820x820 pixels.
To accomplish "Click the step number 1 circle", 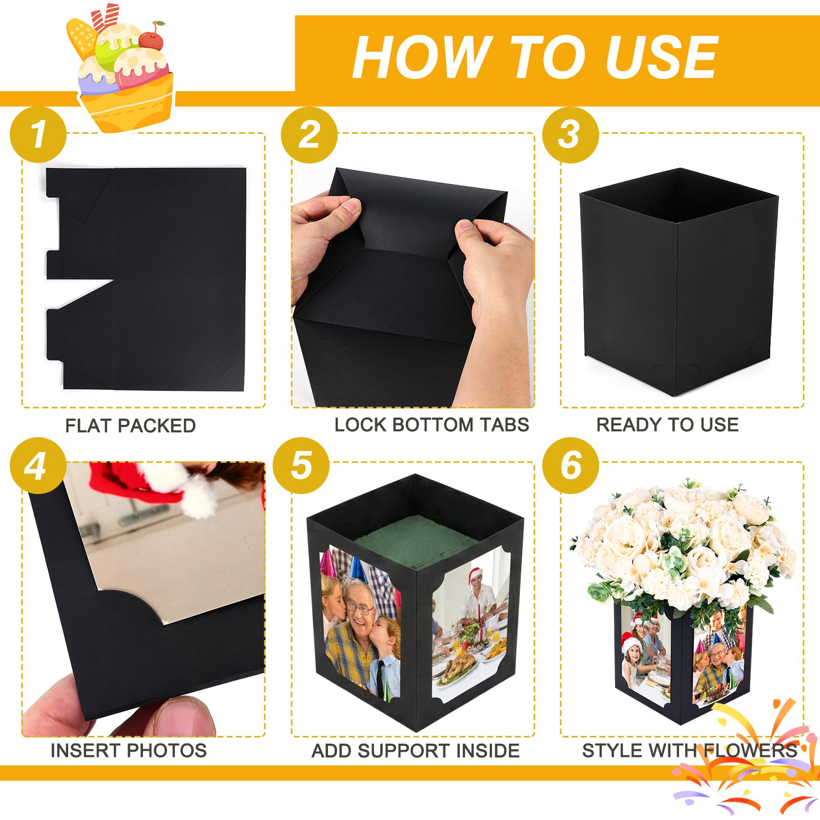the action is click(38, 135).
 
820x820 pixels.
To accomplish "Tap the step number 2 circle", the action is click(309, 135).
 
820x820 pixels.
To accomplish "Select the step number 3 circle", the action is click(570, 135).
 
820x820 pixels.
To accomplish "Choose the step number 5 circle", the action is click(301, 466).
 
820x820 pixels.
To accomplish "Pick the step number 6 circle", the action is click(570, 466).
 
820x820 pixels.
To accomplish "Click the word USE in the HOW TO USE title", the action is click(661, 57).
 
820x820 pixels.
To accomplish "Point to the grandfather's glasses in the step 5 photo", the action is click(359, 608).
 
